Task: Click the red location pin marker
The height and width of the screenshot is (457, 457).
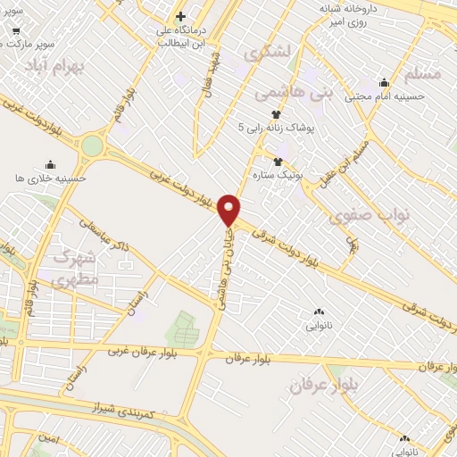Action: (x=229, y=209)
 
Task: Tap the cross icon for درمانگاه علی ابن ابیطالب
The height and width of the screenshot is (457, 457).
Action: (x=180, y=17)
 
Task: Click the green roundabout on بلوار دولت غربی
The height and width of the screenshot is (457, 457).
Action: (x=92, y=145)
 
